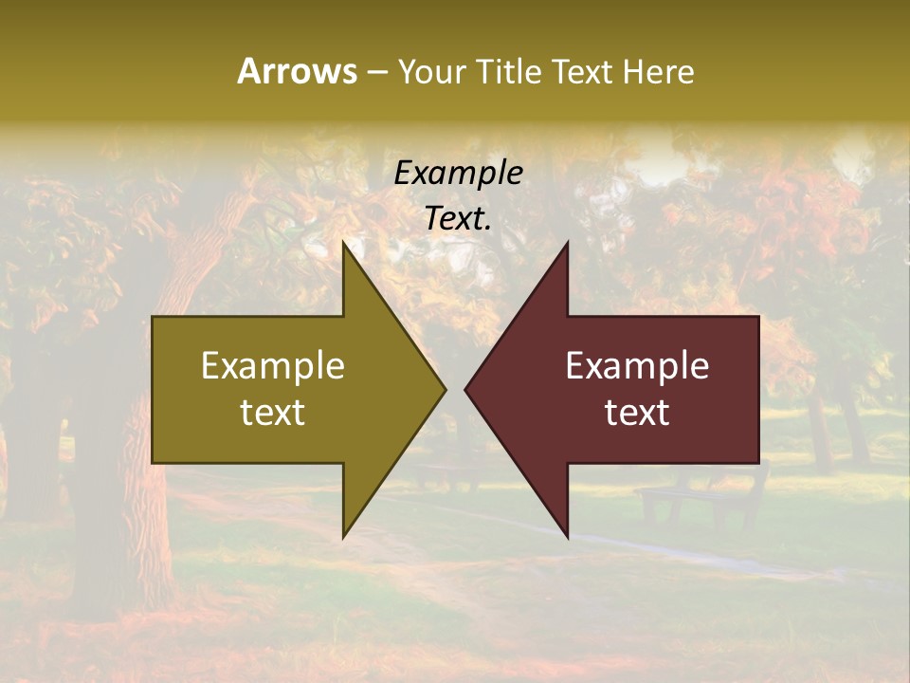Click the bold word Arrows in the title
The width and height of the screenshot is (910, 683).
pyautogui.click(x=297, y=71)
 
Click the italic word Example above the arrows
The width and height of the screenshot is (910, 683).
pyautogui.click(x=458, y=173)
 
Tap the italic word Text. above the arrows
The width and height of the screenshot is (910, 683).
pyautogui.click(x=458, y=218)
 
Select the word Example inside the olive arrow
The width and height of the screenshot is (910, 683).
pyautogui.click(x=273, y=365)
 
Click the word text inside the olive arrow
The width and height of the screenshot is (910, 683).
pyautogui.click(x=273, y=413)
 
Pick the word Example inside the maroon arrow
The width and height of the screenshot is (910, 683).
pyautogui.click(x=637, y=365)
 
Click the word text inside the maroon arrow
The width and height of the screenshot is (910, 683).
pyautogui.click(x=637, y=413)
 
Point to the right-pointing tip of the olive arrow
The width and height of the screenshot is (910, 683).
pyautogui.click(x=445, y=389)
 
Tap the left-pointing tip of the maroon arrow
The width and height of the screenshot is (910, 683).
pyautogui.click(x=465, y=389)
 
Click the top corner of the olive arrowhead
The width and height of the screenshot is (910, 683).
pyautogui.click(x=344, y=243)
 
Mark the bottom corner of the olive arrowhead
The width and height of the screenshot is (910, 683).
pyautogui.click(x=344, y=537)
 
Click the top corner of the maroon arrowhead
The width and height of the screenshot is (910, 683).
pyautogui.click(x=567, y=243)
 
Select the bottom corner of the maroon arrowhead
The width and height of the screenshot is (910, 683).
pyautogui.click(x=567, y=537)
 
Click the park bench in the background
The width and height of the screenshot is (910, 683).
pyautogui.click(x=701, y=498)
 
